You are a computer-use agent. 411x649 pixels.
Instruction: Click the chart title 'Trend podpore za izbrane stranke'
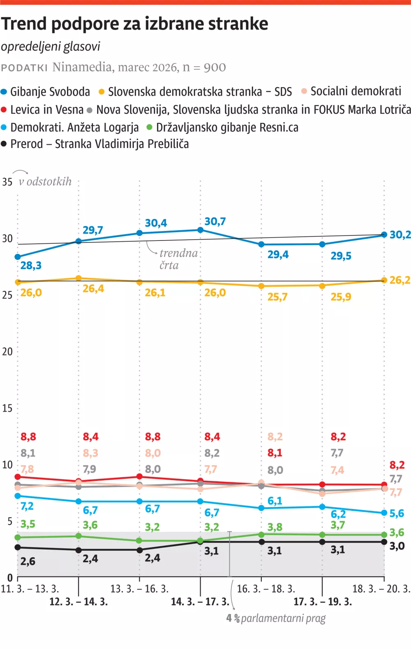click(134, 24)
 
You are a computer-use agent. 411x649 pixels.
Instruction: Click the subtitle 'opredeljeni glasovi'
click(51, 46)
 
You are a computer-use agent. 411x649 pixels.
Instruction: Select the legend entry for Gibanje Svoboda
click(46, 92)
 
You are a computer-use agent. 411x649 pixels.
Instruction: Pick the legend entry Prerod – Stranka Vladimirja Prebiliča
click(95, 144)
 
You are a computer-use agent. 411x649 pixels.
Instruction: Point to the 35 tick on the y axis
click(7, 182)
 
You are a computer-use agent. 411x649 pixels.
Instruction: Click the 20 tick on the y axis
click(7, 351)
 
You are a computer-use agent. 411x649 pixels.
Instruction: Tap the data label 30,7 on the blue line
click(215, 222)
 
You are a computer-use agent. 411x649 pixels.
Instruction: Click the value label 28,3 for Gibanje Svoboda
click(31, 266)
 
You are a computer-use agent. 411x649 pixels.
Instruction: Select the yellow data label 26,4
click(93, 289)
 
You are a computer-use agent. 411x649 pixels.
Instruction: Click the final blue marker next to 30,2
click(384, 235)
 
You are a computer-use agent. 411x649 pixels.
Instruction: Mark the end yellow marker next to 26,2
click(384, 280)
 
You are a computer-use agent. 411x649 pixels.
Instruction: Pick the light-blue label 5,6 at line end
click(397, 513)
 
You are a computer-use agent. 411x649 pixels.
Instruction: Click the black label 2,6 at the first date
click(28, 561)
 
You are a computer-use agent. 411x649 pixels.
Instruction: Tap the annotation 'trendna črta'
click(178, 259)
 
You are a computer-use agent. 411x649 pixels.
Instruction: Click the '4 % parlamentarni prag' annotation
click(276, 618)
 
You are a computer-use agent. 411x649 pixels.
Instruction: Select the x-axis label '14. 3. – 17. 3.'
click(200, 602)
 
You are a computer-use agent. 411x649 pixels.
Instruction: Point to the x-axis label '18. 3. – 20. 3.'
click(381, 589)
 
